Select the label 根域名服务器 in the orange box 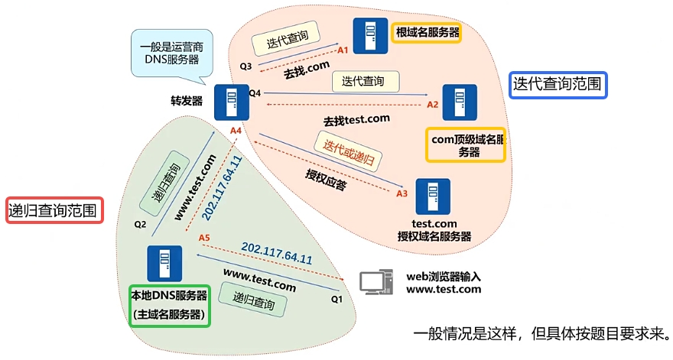(426, 33)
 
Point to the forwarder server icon (231, 102)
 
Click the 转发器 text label (187, 99)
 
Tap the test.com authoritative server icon (433, 196)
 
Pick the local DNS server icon (165, 264)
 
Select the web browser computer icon (376, 283)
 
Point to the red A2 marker (433, 104)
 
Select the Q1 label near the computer (337, 299)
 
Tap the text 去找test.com (356, 120)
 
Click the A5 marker (204, 238)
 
